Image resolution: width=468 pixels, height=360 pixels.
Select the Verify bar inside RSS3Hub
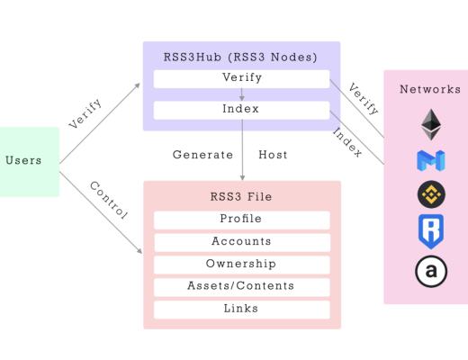tap(241, 78)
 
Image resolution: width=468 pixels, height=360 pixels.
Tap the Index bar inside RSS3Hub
tap(241, 110)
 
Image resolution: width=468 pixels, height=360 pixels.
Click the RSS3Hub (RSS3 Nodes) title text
tap(241, 57)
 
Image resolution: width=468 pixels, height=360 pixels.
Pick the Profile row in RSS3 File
tap(241, 220)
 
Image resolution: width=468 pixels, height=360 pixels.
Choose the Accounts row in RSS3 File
tap(241, 241)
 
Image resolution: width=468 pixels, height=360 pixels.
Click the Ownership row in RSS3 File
tap(241, 264)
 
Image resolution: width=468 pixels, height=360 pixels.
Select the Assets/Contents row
tap(241, 286)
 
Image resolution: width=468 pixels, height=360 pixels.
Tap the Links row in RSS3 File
tap(241, 309)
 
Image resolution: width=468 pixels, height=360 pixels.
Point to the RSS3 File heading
tap(241, 196)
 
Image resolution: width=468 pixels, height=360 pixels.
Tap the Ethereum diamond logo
tap(430, 124)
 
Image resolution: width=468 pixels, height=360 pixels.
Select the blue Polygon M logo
tap(430, 161)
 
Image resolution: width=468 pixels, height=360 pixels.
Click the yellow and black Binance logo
tap(430, 194)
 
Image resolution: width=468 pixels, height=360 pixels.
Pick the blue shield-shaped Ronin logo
tap(430, 230)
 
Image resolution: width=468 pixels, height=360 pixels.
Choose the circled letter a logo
tap(430, 270)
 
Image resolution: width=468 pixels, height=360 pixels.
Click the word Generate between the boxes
tap(202, 155)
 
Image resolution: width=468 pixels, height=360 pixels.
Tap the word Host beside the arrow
tap(273, 155)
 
